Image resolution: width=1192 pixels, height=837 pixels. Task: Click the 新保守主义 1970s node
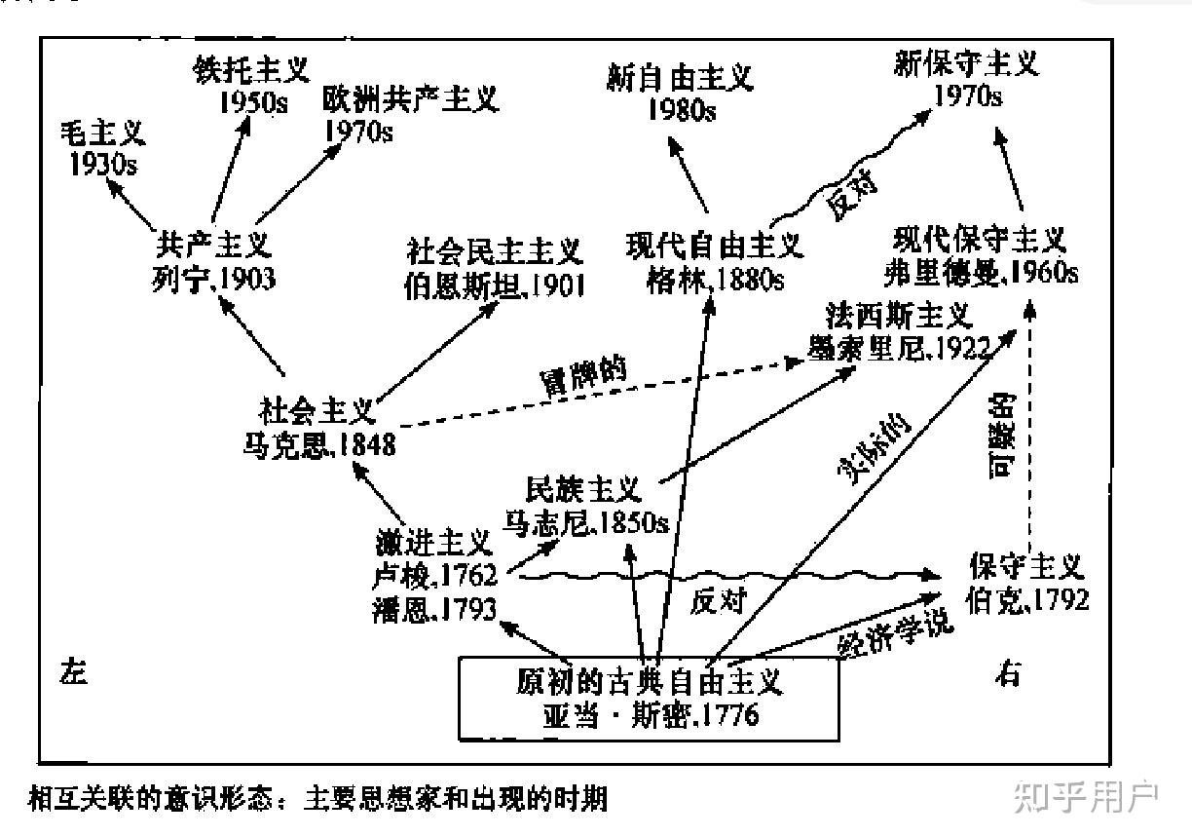(x=966, y=79)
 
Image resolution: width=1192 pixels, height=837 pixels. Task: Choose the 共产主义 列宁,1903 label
(x=213, y=261)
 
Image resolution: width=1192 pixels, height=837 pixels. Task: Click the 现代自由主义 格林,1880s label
(x=715, y=260)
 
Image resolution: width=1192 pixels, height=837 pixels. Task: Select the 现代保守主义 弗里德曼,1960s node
(x=980, y=255)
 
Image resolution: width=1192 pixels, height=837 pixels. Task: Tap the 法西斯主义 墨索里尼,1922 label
(x=899, y=331)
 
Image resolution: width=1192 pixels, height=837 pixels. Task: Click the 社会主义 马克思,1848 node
(x=318, y=426)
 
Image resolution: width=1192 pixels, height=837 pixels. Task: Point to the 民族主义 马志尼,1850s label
(x=584, y=505)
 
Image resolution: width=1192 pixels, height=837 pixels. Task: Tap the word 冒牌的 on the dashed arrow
(x=582, y=375)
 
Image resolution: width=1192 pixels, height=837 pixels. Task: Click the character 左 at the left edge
(x=72, y=672)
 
